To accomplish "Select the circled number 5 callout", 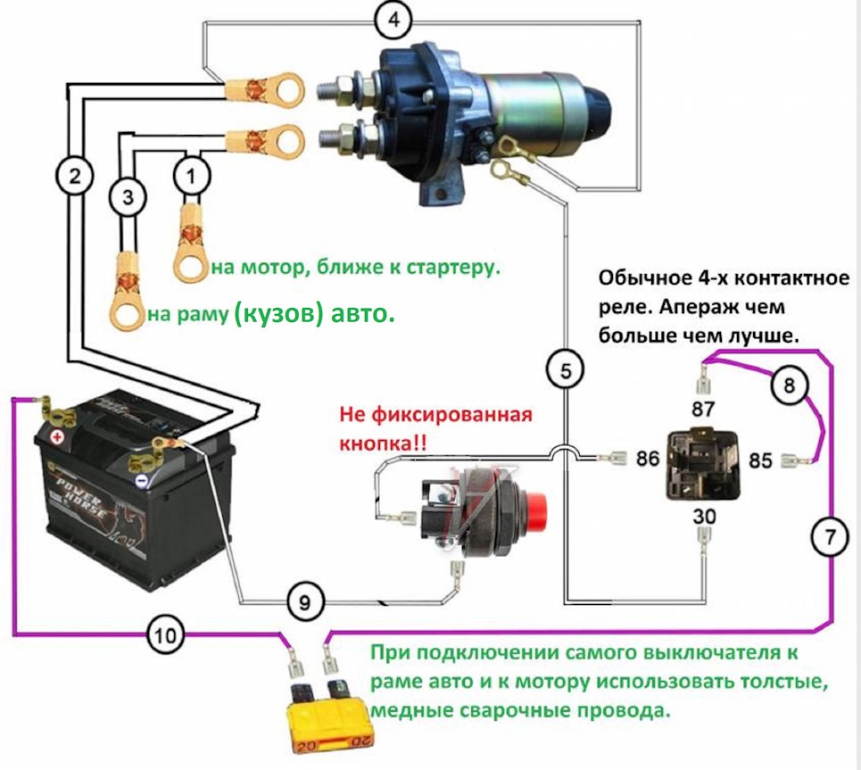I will click(565, 370).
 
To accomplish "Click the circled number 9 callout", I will click(304, 604).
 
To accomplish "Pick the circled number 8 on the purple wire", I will click(788, 385).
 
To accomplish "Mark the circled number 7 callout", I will click(829, 537).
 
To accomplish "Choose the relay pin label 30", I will click(704, 517).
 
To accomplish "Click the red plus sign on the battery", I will click(58, 438).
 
